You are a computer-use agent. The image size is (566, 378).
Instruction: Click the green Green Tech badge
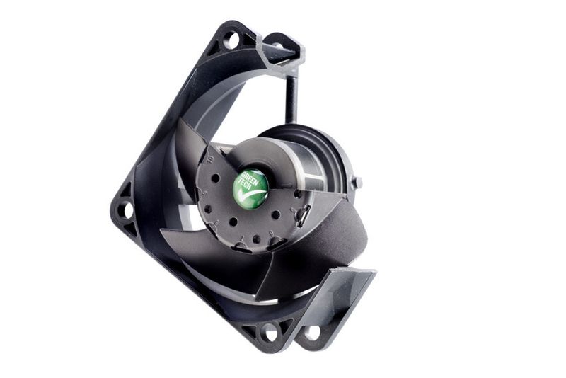[x=251, y=187]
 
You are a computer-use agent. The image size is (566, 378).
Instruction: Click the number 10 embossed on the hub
[x=211, y=158]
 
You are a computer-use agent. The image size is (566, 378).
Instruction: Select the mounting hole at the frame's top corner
[x=231, y=40]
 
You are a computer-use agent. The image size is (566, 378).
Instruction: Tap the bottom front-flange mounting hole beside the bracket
[x=270, y=333]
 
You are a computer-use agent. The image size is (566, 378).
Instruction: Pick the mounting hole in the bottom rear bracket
[x=313, y=333]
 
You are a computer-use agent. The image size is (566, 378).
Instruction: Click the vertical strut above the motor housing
[x=291, y=98]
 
